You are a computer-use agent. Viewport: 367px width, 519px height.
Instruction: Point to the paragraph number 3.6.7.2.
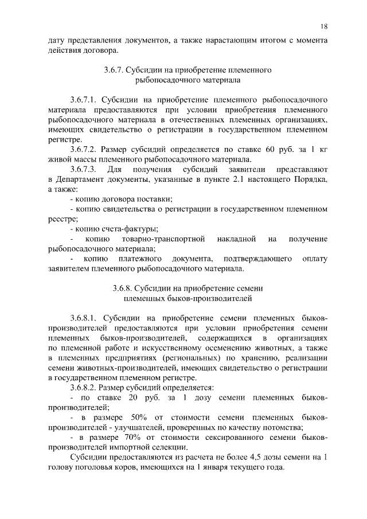pos(85,149)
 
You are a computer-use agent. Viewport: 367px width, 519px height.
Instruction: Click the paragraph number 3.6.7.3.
pos(85,170)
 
